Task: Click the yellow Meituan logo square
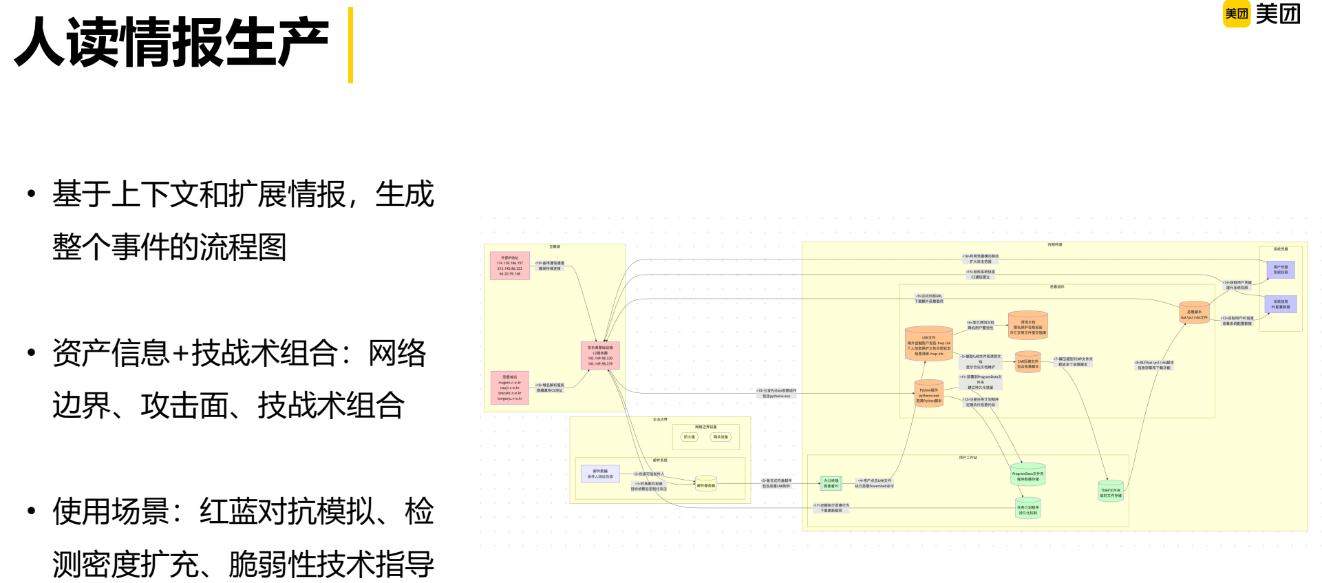click(1236, 14)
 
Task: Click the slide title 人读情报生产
click(171, 43)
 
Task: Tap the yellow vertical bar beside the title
click(350, 45)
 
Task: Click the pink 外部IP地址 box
click(510, 266)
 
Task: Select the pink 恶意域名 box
click(510, 388)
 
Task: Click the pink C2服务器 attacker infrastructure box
click(600, 356)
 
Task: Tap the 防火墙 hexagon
click(689, 437)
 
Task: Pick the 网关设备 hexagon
click(721, 437)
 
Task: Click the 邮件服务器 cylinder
click(706, 484)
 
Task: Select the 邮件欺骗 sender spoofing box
click(600, 474)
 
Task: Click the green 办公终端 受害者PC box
click(831, 483)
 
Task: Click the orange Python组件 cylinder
click(928, 394)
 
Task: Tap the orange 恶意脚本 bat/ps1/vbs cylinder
click(1194, 313)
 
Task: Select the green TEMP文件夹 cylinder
click(1110, 491)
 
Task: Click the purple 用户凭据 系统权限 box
click(1281, 270)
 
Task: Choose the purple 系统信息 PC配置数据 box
click(1281, 304)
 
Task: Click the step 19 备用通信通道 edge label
click(550, 266)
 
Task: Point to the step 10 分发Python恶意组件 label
click(776, 393)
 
